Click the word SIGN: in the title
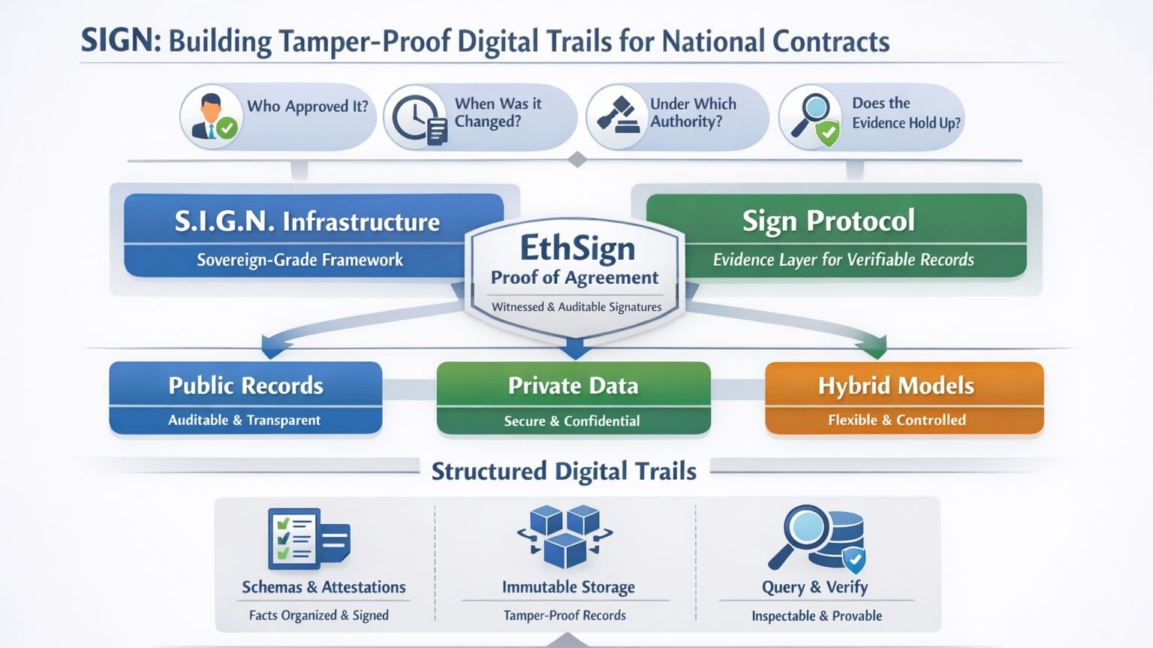point(120,41)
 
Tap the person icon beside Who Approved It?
point(212,117)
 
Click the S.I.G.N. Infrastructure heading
point(307,222)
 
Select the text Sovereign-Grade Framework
point(300,260)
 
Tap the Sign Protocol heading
point(828,221)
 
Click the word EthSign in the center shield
point(577,248)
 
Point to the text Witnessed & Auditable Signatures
point(576,306)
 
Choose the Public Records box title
point(245,385)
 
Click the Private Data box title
point(573,385)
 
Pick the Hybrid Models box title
point(896,385)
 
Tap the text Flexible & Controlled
point(896,420)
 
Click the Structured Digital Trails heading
point(564,471)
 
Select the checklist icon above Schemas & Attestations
point(308,538)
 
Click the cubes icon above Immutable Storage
point(564,536)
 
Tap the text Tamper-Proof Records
point(564,615)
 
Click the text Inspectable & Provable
point(817,616)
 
